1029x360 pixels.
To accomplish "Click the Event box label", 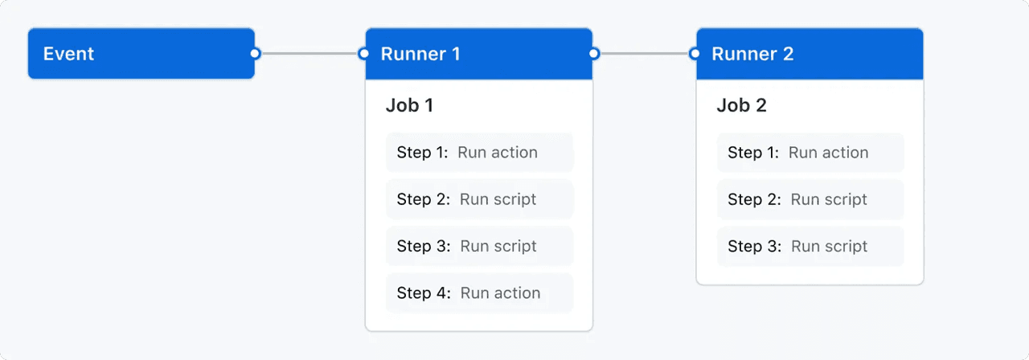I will [x=69, y=54].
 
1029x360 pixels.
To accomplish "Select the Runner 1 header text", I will [x=420, y=54].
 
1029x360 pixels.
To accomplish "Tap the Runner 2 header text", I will [x=752, y=54].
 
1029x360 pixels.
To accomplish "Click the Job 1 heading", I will [x=409, y=105].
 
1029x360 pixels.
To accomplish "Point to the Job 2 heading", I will [x=741, y=105].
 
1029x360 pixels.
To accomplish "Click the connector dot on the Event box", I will [x=255, y=54].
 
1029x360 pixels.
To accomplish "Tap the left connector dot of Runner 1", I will [x=364, y=54].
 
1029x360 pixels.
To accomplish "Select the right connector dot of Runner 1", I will [x=594, y=54].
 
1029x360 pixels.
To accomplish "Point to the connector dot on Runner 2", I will [x=695, y=54].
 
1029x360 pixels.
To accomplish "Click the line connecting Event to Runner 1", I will [x=310, y=54].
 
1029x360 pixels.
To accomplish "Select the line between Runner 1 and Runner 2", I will [x=645, y=54].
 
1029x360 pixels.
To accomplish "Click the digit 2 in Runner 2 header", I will [x=788, y=54].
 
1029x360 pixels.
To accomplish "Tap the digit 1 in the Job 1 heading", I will [x=428, y=105].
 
